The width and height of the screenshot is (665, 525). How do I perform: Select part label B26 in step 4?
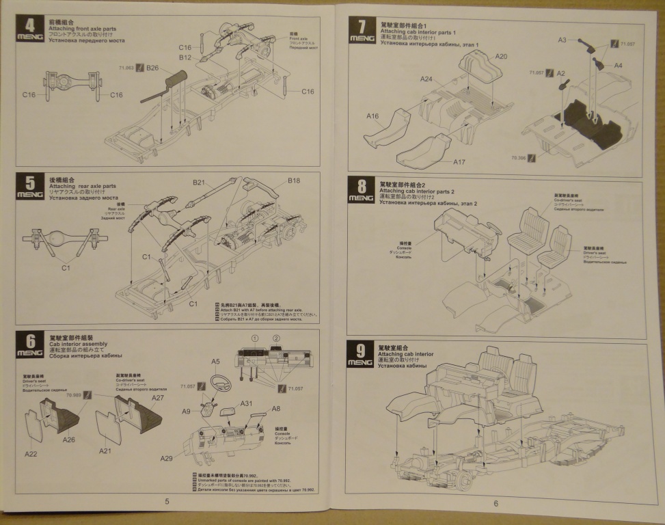tap(152, 68)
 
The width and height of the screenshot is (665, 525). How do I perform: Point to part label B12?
tap(185, 58)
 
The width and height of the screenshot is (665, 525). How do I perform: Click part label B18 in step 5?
tap(294, 180)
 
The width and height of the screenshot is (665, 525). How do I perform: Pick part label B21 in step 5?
tap(199, 183)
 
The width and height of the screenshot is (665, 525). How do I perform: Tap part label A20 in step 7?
tap(501, 56)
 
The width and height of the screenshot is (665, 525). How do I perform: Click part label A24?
tap(426, 79)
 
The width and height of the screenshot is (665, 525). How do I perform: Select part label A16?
tap(372, 116)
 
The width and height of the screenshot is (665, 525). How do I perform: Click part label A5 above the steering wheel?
tap(215, 361)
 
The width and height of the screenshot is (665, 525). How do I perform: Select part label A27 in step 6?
tap(158, 398)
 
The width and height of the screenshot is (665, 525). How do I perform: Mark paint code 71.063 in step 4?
tap(126, 68)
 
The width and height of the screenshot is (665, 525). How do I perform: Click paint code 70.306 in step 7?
tap(518, 158)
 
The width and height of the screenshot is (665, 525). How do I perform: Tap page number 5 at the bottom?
tap(167, 501)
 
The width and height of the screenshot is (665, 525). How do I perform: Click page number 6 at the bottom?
tap(496, 504)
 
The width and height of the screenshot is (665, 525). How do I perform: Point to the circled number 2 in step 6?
tap(276, 338)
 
